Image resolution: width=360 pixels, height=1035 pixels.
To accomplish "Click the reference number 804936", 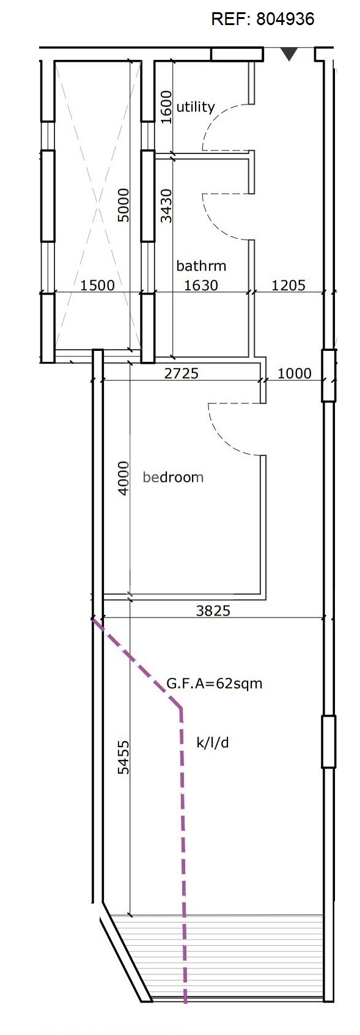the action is (285, 19).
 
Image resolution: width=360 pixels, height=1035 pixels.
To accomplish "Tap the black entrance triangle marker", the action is (289, 54).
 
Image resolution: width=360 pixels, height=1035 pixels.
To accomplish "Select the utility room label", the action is (196, 107).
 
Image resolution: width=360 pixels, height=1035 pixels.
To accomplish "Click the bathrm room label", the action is (201, 266).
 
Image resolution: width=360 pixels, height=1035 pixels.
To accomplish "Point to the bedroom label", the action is (173, 477).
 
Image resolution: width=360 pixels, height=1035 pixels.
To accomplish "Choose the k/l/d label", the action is (213, 743).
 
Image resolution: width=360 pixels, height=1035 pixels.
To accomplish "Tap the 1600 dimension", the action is (166, 107).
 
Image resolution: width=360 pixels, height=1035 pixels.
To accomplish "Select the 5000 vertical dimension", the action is (124, 205).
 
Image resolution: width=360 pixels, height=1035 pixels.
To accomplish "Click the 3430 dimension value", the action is (166, 205).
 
